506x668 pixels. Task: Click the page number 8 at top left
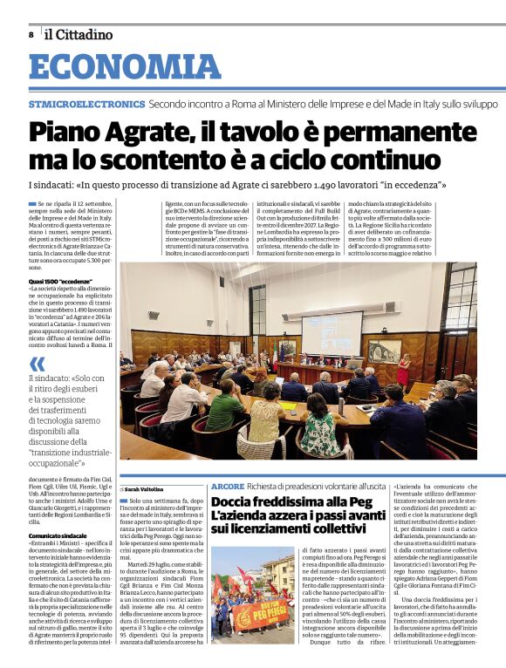coord(31,35)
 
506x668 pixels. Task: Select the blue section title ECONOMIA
coord(125,68)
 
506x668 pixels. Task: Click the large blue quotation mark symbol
coord(37,364)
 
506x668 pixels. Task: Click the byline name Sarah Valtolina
coord(151,490)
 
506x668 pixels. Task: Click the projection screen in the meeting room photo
coord(332,331)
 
